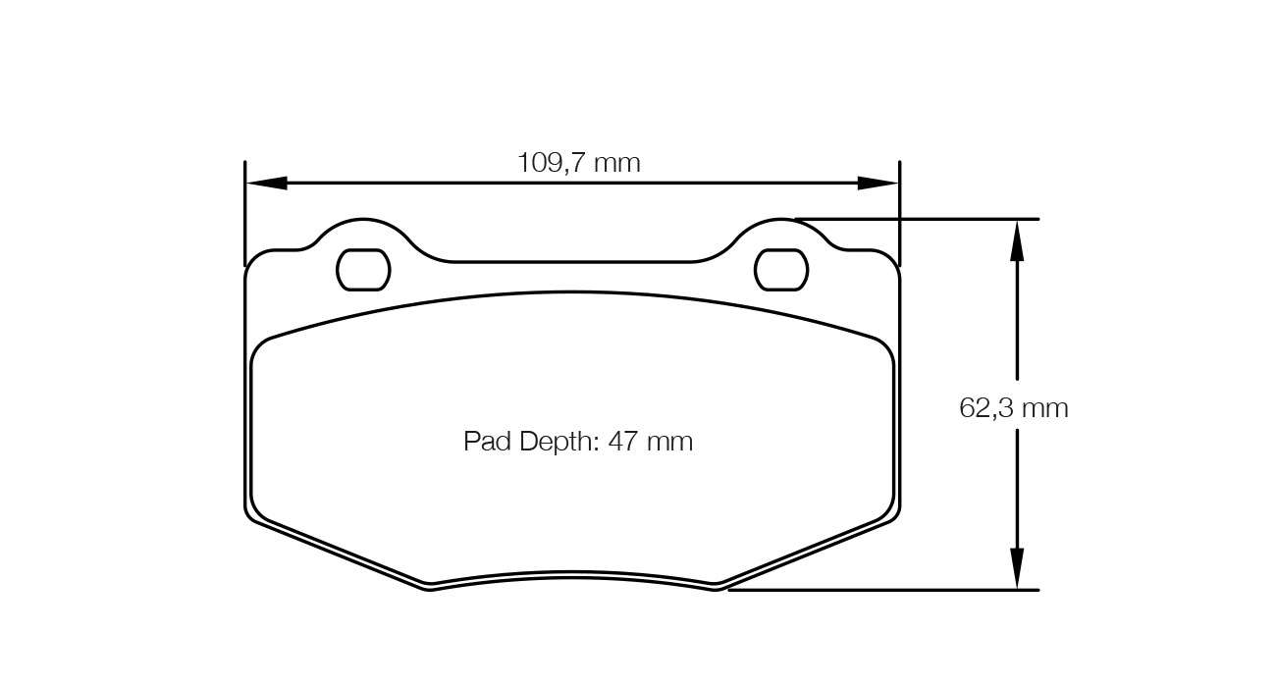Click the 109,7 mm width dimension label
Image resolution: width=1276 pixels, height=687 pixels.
click(578, 162)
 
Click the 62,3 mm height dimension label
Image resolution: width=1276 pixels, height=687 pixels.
click(1013, 408)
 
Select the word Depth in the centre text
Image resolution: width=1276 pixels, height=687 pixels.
click(558, 442)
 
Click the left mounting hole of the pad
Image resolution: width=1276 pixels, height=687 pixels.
click(363, 270)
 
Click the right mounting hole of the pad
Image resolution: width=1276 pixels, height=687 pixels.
click(781, 270)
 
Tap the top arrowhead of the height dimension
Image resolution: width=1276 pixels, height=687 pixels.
click(1017, 239)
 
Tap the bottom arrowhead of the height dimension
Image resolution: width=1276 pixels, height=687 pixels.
click(1017, 569)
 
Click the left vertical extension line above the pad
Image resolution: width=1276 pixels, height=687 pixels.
click(244, 211)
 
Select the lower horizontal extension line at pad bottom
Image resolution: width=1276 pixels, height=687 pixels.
click(883, 590)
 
